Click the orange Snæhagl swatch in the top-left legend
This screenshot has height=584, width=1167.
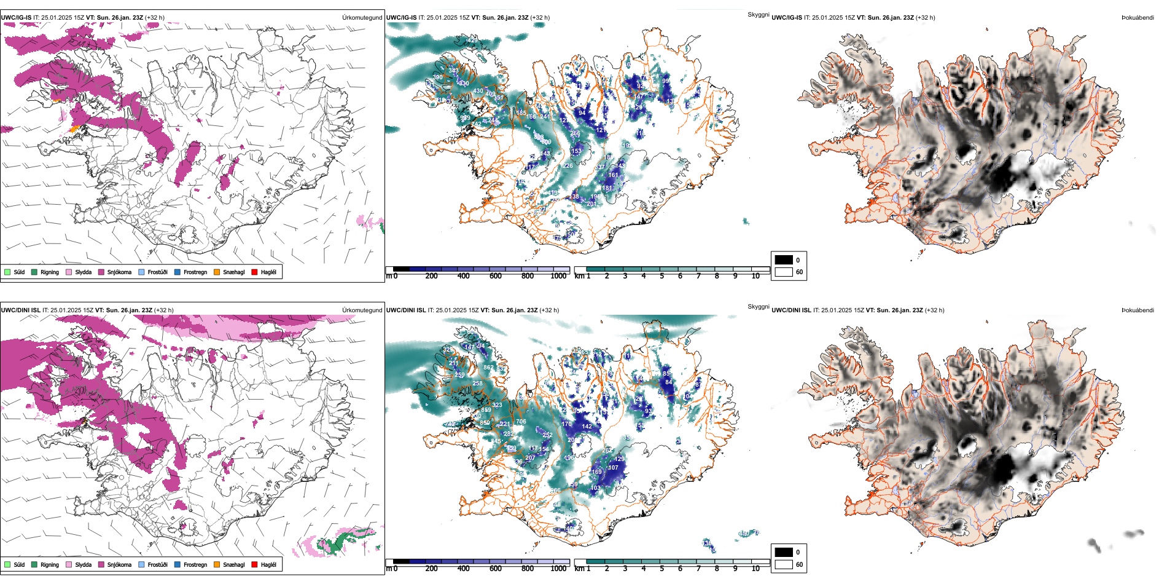[217, 272]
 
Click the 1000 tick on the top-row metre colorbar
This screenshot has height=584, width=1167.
[558, 276]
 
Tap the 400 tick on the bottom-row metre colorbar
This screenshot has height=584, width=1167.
[464, 569]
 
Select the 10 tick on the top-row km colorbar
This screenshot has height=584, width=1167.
[755, 276]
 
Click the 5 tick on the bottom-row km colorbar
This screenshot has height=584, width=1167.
[662, 569]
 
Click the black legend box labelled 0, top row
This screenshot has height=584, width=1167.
[784, 260]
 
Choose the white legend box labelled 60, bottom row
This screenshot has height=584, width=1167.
[784, 564]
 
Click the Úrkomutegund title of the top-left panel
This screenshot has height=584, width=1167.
[362, 18]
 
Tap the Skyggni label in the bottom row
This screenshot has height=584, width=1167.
[759, 307]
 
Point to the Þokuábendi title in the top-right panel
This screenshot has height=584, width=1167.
[1138, 18]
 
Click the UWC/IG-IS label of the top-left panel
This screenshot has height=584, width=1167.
[16, 18]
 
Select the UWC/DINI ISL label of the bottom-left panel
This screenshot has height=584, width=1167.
[20, 310]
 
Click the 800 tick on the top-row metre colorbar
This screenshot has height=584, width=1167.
[528, 276]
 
